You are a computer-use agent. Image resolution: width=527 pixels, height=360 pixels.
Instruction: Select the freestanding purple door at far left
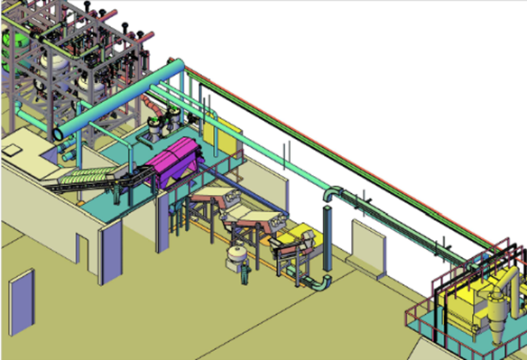point(21,307)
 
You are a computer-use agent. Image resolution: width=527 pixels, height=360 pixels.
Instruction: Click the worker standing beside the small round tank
point(242,273)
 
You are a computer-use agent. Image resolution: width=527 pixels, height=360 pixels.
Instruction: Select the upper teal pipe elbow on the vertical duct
point(332,194)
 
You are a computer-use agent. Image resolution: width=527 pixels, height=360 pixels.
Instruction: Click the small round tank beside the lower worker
point(236,256)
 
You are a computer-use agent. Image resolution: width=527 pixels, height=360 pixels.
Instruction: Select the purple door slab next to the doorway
point(110,256)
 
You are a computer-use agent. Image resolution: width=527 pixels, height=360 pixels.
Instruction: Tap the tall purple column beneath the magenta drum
point(162,222)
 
